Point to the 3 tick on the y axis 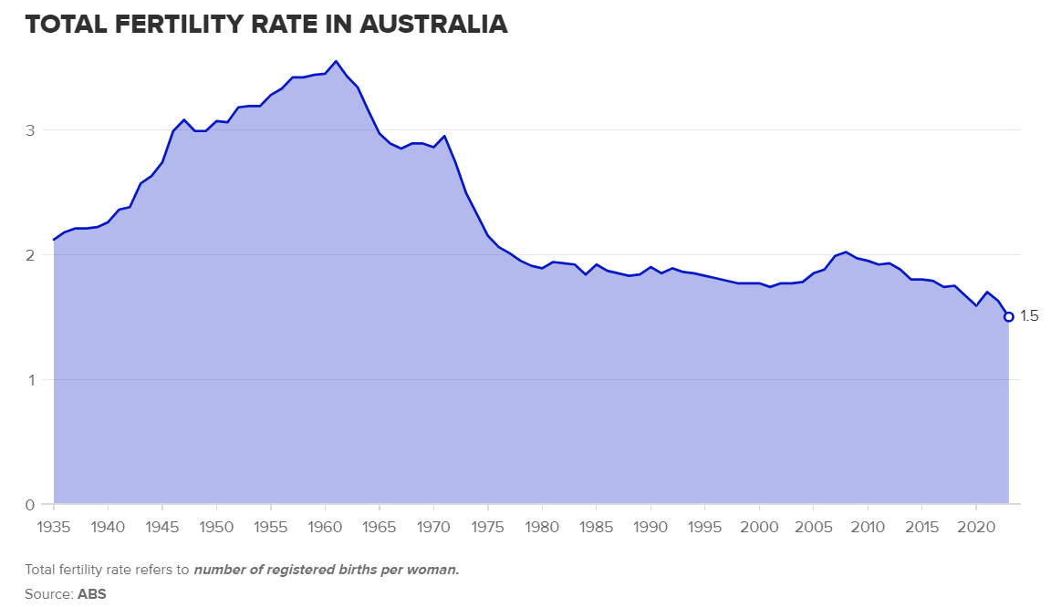pos(30,130)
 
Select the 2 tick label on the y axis pos(30,255)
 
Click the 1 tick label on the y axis pos(30,380)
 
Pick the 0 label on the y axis pos(30,505)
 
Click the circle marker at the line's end pos(1008,317)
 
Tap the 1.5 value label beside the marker pos(1029,317)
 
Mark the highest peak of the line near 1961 pos(336,61)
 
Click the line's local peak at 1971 pos(444,136)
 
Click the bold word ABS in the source pos(92,593)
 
